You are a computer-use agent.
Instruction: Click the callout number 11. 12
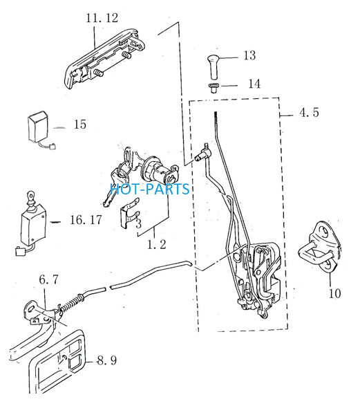102,18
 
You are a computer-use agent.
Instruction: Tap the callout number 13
249,55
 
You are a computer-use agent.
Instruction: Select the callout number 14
254,84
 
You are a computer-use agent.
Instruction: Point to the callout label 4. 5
309,113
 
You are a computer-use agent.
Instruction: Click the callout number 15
80,124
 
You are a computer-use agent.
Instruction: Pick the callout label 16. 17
86,220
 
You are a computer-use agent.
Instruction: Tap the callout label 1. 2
156,244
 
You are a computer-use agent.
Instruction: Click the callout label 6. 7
49,279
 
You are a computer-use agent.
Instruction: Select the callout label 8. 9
107,360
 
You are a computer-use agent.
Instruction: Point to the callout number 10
334,293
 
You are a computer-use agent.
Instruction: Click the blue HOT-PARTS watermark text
150,189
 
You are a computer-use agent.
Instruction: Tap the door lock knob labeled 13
214,67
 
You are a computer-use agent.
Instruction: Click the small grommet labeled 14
214,88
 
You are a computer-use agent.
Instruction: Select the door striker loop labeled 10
320,248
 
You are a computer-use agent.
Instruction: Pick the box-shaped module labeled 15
38,127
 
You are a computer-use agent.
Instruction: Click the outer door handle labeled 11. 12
104,59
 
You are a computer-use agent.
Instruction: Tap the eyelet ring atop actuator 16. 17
31,194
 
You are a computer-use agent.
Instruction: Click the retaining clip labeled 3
130,213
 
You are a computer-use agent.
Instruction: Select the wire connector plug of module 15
53,147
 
